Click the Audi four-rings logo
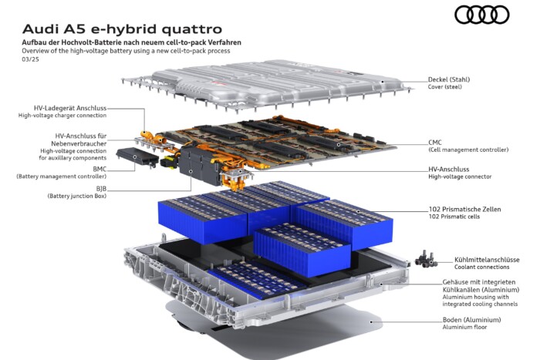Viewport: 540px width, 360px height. [x=482, y=15]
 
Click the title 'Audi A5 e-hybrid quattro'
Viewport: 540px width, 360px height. [x=122, y=29]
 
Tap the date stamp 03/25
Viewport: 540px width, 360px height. [x=30, y=59]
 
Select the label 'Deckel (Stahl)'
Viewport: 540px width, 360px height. [x=449, y=79]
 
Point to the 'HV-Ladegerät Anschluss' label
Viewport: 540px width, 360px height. [x=70, y=108]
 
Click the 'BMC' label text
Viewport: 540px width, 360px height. [x=100, y=170]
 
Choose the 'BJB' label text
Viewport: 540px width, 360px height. [x=101, y=189]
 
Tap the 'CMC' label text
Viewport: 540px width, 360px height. [x=435, y=143]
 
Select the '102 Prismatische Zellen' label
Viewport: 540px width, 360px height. [x=464, y=209]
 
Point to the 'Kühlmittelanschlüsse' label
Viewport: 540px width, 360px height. [x=487, y=260]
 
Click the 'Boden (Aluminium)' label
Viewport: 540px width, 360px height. [x=472, y=320]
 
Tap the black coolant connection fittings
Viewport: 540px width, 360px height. [x=426, y=258]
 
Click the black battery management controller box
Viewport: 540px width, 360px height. [x=137, y=157]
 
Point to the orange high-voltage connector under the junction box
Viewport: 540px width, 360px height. [x=236, y=179]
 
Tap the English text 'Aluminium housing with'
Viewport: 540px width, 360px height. [x=476, y=297]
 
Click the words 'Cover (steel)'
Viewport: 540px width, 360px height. [x=445, y=87]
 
